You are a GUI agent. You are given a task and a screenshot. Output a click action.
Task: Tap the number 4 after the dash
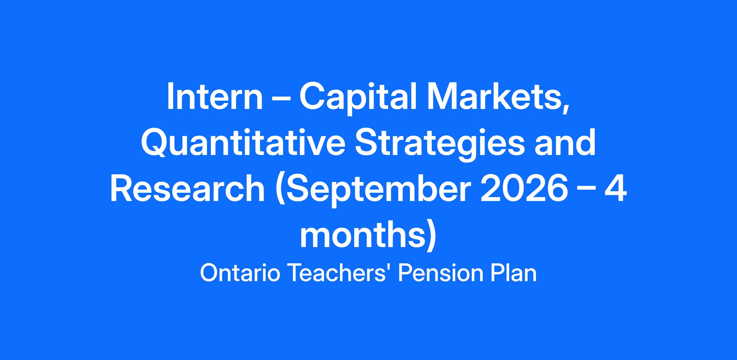(615, 188)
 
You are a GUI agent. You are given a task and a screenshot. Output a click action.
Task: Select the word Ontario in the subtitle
(240, 273)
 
